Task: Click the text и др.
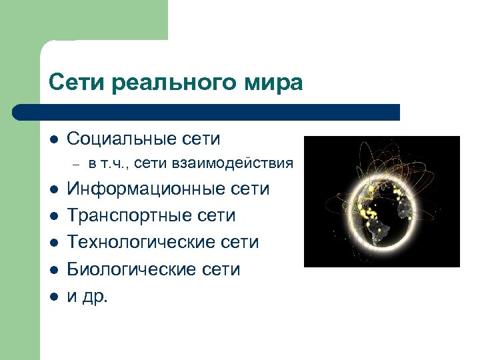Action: [x=87, y=296]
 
